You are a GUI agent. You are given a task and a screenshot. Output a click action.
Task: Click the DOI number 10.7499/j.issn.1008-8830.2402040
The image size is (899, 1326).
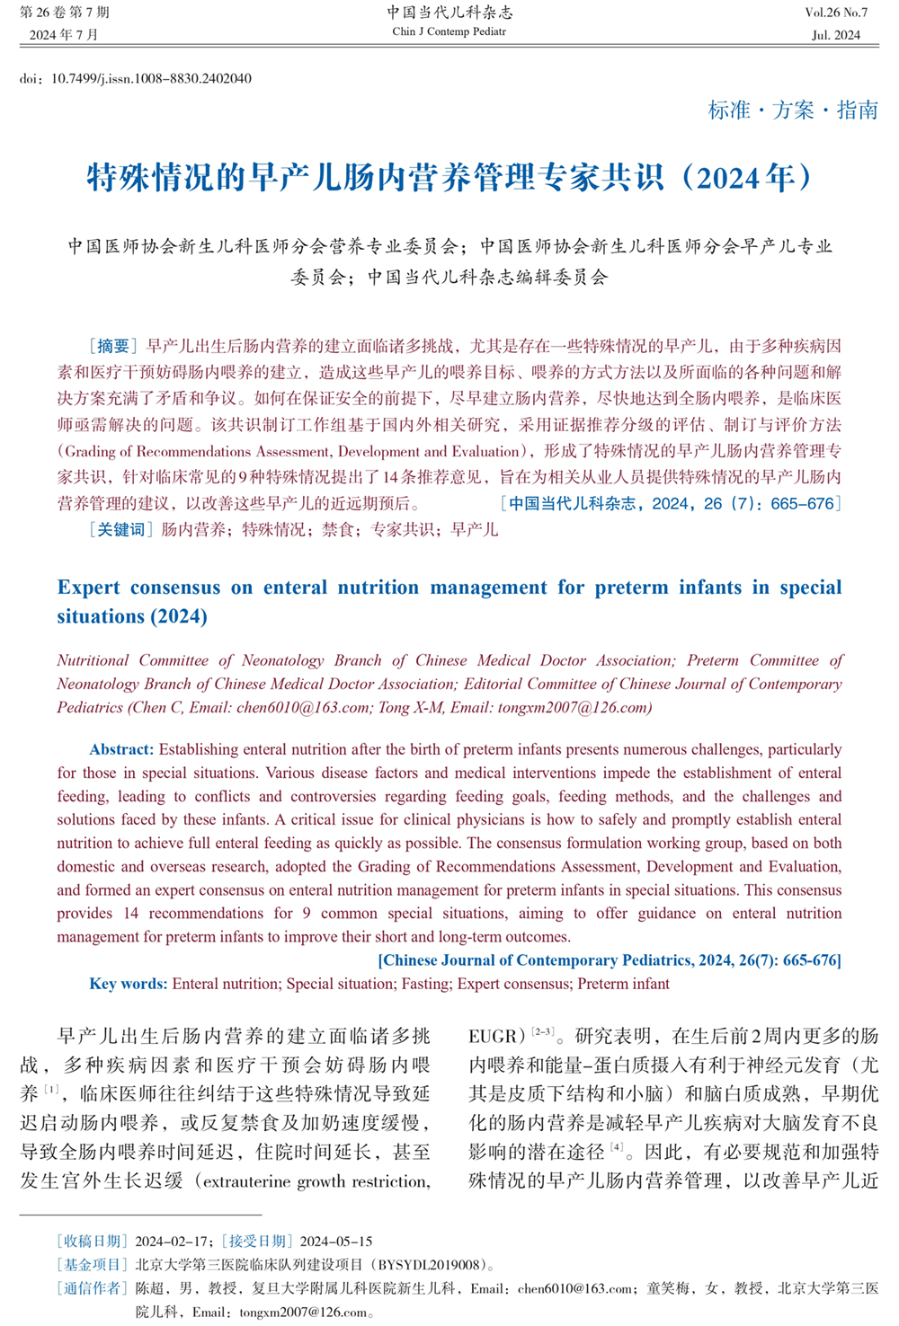click(x=151, y=79)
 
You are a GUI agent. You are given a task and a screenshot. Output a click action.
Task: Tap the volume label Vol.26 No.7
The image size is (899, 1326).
click(x=836, y=13)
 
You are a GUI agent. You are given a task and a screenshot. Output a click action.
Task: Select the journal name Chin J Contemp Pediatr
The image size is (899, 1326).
click(x=449, y=31)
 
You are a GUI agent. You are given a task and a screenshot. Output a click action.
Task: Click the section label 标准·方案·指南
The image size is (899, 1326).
click(x=793, y=110)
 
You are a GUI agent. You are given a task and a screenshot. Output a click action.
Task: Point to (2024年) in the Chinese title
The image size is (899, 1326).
click(x=747, y=177)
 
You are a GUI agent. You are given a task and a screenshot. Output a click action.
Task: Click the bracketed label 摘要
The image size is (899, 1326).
click(x=113, y=346)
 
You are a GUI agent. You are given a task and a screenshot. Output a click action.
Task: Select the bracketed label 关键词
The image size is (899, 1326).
click(x=120, y=529)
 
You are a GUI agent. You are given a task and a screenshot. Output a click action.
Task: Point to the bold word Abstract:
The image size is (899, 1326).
click(x=121, y=749)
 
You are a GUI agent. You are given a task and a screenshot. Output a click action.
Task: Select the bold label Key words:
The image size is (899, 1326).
click(x=128, y=984)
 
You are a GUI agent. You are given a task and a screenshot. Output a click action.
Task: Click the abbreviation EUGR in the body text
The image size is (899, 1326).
click(x=493, y=1036)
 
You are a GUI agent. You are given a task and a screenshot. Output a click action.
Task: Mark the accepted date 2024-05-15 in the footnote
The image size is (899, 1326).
click(x=336, y=1242)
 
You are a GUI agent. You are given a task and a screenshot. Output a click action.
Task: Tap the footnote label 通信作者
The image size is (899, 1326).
click(x=93, y=1288)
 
